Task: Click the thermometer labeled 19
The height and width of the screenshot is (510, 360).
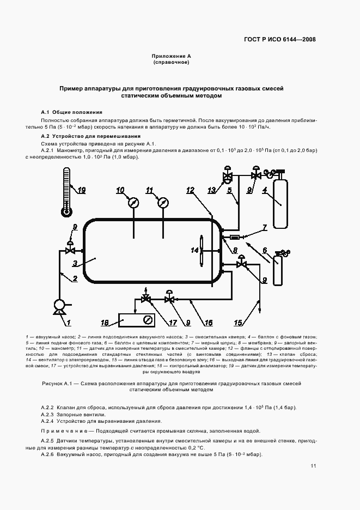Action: coord(67,191)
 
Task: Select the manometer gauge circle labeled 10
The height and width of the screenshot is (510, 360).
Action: coord(133,203)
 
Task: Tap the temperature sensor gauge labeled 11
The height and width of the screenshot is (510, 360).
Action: coord(162,203)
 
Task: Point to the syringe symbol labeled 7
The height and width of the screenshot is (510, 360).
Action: coord(235,237)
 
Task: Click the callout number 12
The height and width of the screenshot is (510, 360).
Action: coord(190,190)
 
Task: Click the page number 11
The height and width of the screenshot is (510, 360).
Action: coord(313,466)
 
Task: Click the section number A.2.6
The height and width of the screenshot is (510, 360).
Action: coord(50,454)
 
